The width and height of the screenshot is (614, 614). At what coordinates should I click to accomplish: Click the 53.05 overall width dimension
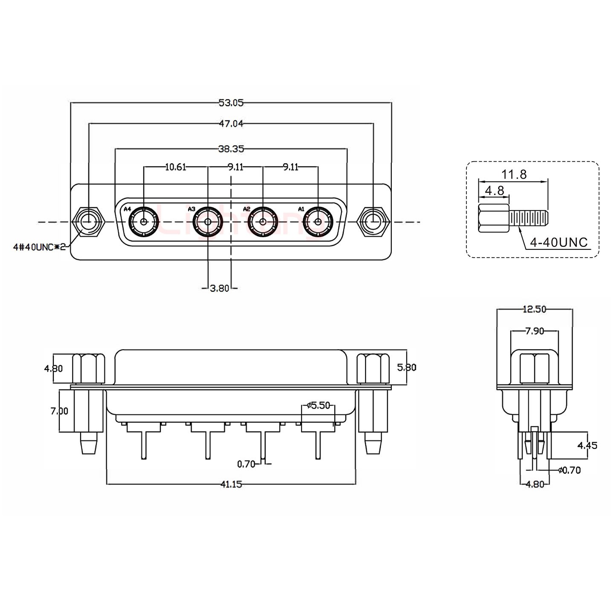click(x=231, y=102)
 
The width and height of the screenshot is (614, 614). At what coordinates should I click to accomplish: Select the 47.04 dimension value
click(x=231, y=124)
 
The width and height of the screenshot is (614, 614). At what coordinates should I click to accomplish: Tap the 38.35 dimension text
click(x=231, y=149)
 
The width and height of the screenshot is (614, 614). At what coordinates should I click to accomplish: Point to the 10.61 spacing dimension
click(x=175, y=167)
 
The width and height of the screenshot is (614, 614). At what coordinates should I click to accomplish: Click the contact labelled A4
click(x=144, y=222)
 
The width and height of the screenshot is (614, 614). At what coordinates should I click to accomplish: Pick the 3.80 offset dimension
click(x=220, y=288)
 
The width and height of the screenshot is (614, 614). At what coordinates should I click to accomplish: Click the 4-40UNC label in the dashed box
click(x=559, y=243)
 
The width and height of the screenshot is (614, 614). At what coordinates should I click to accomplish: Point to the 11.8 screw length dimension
click(x=514, y=174)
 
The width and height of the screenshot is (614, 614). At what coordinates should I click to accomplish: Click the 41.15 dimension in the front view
click(x=231, y=484)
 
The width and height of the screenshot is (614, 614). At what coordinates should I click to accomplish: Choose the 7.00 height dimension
click(x=59, y=411)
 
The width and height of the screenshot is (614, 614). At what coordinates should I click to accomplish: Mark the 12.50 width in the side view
click(x=534, y=309)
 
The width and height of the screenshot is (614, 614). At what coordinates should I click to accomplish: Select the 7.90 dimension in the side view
click(x=534, y=331)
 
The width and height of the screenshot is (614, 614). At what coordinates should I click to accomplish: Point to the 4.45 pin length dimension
click(x=587, y=446)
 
